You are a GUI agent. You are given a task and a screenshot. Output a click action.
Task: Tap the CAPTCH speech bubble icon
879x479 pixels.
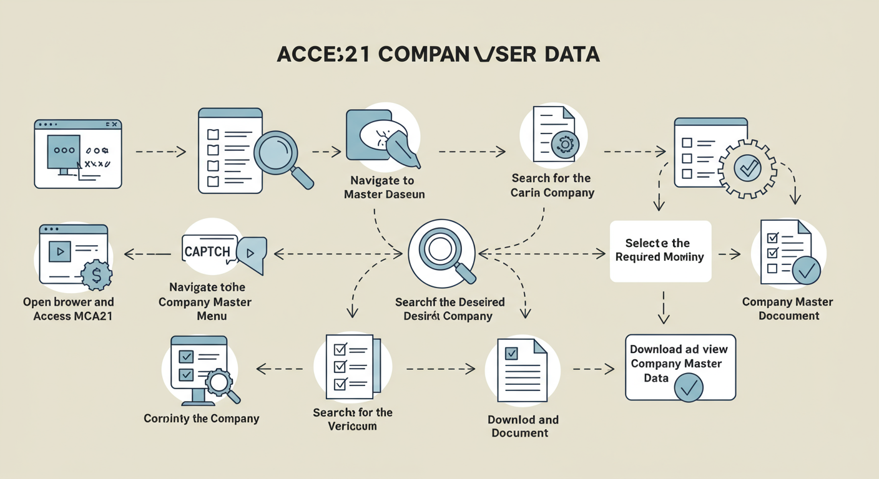[x=223, y=253]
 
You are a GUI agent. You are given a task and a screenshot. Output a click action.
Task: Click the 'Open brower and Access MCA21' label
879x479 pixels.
[x=69, y=309]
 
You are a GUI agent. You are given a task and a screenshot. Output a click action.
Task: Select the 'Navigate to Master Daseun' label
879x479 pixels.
[x=382, y=187]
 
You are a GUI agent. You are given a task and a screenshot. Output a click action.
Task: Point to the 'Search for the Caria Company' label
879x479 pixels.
[x=552, y=185]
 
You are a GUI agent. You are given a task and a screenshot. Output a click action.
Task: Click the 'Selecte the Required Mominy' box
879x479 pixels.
[x=660, y=250]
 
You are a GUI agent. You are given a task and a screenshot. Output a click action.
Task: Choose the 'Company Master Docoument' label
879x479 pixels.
[x=788, y=309]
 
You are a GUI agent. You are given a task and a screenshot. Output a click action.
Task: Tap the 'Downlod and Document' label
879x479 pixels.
[x=523, y=426]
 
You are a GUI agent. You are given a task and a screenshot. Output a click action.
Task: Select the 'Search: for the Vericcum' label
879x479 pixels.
[x=353, y=419]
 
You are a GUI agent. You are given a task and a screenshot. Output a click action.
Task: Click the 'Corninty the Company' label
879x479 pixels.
[x=201, y=418]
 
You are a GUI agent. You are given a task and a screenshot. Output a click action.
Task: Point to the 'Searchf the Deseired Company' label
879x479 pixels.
[x=449, y=309]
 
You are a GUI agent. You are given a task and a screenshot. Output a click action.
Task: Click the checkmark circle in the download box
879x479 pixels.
[x=689, y=388]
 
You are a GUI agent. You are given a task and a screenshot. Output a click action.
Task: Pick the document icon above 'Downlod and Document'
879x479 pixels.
[x=522, y=371]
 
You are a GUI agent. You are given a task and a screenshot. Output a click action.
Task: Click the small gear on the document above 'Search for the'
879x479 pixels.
[x=566, y=145]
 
